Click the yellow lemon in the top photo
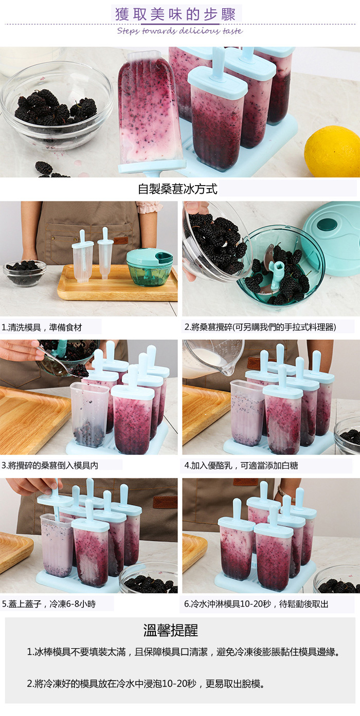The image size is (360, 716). coord(333,151)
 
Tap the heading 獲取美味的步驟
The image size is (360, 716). coord(175,14)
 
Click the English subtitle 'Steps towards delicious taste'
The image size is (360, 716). coord(179,31)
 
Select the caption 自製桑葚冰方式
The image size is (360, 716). coord(177,189)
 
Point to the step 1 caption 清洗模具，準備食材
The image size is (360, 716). coord(42,327)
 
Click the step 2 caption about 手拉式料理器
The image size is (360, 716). coord(260,327)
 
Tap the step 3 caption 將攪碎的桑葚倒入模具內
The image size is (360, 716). coord(49,465)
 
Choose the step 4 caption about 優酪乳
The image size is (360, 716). coord(241,465)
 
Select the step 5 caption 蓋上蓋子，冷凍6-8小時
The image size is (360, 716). coord(48,604)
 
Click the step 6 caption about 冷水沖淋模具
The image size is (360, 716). coord(256,604)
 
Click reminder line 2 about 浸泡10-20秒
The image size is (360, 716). coord(146,684)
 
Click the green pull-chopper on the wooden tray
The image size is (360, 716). coord(150,267)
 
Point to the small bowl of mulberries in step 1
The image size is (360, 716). coord(24,272)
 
